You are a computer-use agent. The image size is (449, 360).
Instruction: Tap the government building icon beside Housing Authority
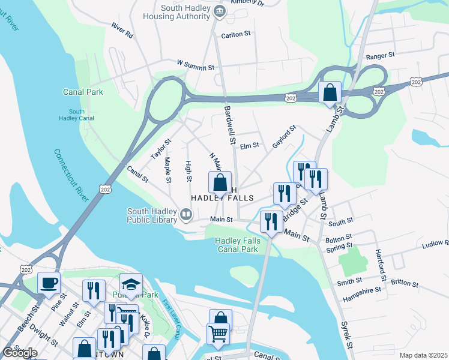click(x=220, y=10)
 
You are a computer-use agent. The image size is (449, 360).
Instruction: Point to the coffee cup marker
click(x=49, y=282)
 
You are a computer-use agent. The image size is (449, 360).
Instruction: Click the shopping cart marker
click(x=218, y=333)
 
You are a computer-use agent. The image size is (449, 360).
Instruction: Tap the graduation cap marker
click(x=131, y=284)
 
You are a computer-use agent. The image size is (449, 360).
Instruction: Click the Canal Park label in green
click(x=83, y=92)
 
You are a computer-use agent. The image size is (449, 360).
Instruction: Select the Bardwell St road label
click(x=229, y=125)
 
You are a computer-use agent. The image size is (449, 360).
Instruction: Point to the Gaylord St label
click(x=285, y=137)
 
